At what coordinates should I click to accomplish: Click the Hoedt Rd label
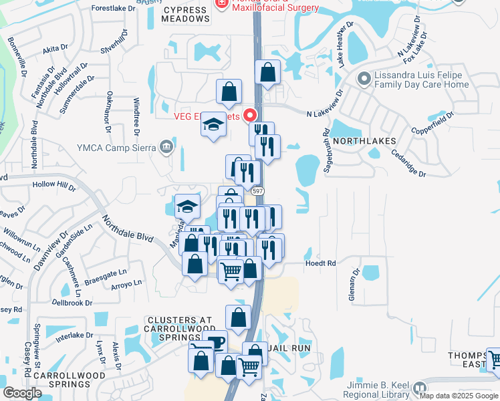(321, 263)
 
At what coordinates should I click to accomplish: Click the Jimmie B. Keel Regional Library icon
(420, 388)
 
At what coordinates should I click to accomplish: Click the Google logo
(23, 393)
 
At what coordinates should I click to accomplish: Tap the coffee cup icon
(215, 342)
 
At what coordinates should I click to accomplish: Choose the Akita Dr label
(55, 48)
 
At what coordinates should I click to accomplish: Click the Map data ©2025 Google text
(458, 396)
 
